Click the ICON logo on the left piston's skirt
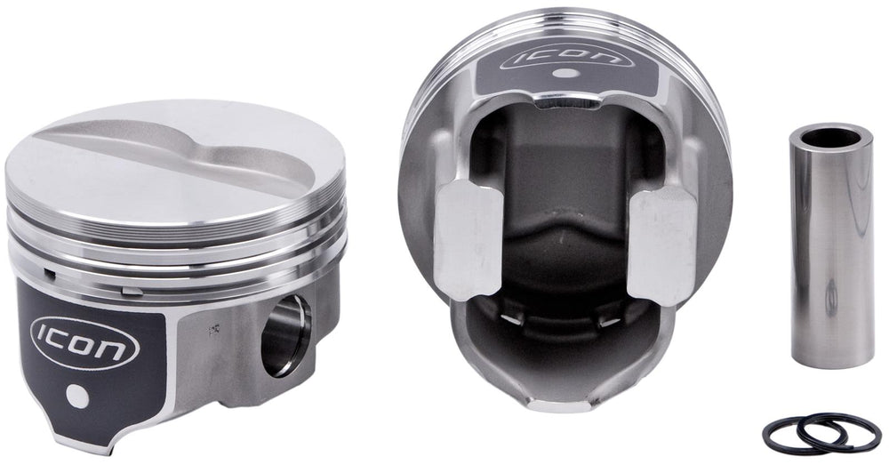tap(84, 343)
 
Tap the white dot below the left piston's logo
tap(77, 396)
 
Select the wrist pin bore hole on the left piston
tap(285, 336)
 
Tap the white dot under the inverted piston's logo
tap(563, 73)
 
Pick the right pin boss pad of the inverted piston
tap(662, 245)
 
